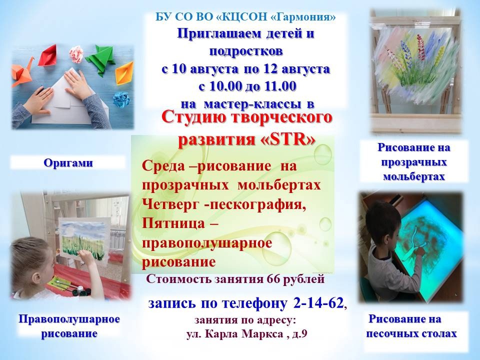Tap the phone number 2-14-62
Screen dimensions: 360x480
pos(318,303)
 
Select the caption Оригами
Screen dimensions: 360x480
pos(68,163)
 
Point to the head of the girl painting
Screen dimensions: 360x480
pos(30,257)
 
